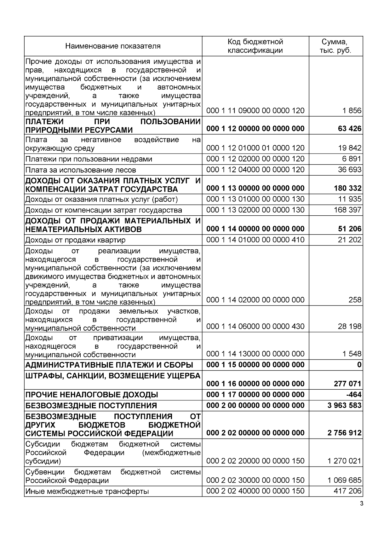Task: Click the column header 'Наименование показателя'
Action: tap(113, 46)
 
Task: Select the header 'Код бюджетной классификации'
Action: tap(255, 46)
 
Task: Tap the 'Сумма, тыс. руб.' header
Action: tap(335, 46)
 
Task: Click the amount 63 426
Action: tap(349, 129)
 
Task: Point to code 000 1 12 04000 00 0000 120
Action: tap(255, 170)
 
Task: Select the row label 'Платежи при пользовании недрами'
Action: tap(89, 159)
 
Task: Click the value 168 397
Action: tap(347, 210)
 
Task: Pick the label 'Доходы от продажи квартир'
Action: tap(75, 240)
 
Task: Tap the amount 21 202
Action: tap(349, 240)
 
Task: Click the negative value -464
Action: tap(354, 395)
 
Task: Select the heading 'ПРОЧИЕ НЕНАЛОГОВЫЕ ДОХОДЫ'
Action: tap(92, 395)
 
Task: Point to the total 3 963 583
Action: tap(344, 405)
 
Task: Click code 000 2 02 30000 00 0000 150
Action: tap(255, 480)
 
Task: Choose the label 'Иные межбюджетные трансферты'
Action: tap(87, 491)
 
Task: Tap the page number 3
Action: tap(361, 503)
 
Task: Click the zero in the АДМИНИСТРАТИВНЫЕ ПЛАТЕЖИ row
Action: tap(359, 365)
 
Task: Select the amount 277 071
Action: tap(347, 384)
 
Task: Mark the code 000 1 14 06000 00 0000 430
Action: tap(255, 326)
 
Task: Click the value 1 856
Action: tap(352, 111)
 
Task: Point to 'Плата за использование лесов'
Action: tap(81, 170)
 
